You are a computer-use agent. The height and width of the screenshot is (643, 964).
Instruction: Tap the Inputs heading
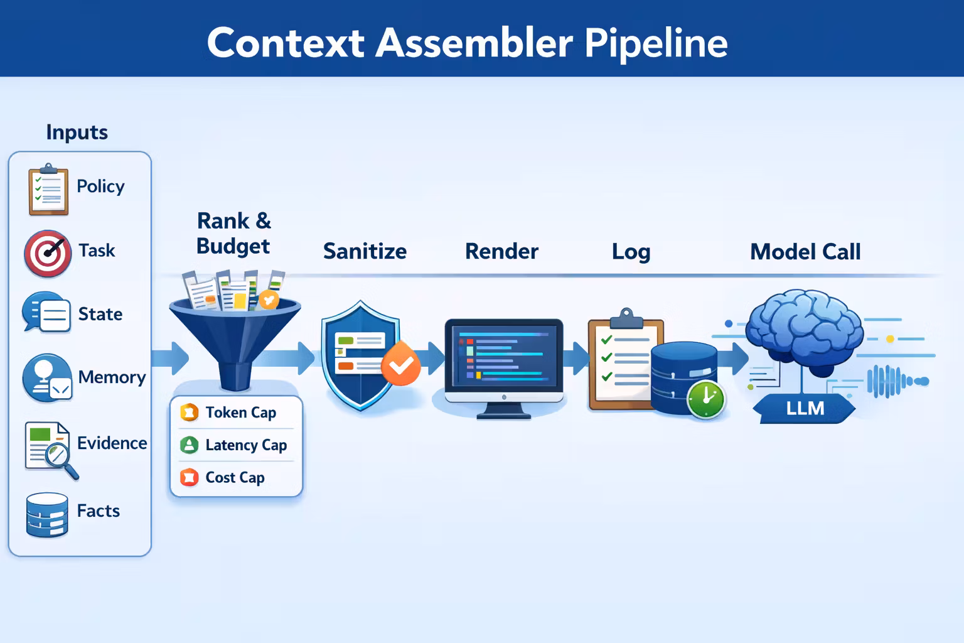(77, 132)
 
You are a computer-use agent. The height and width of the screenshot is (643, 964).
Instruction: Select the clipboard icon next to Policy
(48, 190)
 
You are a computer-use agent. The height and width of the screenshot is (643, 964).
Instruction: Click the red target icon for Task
(48, 254)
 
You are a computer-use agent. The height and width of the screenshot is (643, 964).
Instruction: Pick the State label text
(100, 314)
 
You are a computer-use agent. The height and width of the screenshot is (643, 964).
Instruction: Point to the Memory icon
(47, 378)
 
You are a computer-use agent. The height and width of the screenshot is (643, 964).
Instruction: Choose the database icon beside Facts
(47, 515)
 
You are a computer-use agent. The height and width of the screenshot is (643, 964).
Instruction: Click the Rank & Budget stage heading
(233, 234)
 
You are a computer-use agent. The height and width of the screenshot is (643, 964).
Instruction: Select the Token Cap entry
(240, 413)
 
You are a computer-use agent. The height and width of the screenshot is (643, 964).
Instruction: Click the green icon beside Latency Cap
(189, 445)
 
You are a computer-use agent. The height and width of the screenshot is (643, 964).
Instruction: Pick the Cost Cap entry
(235, 478)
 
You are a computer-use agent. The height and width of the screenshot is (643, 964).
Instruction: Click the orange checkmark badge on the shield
(401, 365)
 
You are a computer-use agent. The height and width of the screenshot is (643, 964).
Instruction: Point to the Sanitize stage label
(365, 252)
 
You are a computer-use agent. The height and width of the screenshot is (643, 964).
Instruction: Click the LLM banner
(805, 409)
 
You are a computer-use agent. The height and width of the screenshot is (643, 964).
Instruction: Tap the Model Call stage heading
(805, 252)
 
